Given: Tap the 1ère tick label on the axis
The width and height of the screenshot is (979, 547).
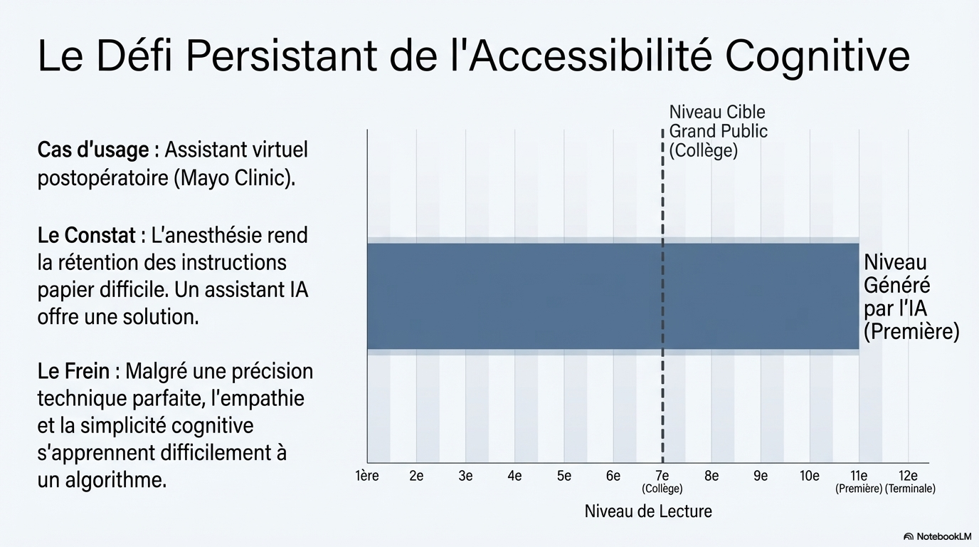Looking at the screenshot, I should [x=366, y=476].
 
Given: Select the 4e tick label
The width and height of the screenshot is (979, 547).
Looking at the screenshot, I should [x=514, y=476].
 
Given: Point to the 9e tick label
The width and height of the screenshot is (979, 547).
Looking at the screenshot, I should [x=760, y=476].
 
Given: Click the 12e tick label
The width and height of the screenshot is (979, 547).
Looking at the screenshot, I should [x=908, y=476].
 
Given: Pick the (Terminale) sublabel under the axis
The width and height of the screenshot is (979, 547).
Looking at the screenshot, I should [x=910, y=489].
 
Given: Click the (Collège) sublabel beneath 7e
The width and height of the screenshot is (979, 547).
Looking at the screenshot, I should [x=662, y=489].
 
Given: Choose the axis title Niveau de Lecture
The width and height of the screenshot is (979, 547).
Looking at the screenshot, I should [x=647, y=511].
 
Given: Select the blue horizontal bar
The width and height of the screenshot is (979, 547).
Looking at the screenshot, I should [x=541, y=296].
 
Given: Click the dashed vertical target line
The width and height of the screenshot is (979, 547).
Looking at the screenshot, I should [x=662, y=399].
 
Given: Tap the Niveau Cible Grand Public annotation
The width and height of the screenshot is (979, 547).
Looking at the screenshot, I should [x=718, y=132].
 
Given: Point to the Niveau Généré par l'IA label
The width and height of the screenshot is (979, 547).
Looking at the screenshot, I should [x=911, y=297].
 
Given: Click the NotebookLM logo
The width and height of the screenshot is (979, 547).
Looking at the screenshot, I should [x=937, y=536].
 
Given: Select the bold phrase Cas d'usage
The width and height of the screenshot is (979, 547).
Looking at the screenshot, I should [x=93, y=150].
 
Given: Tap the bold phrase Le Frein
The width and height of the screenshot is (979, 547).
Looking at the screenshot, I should [x=73, y=371].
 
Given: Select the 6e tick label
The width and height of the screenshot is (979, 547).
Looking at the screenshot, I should [x=613, y=476].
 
